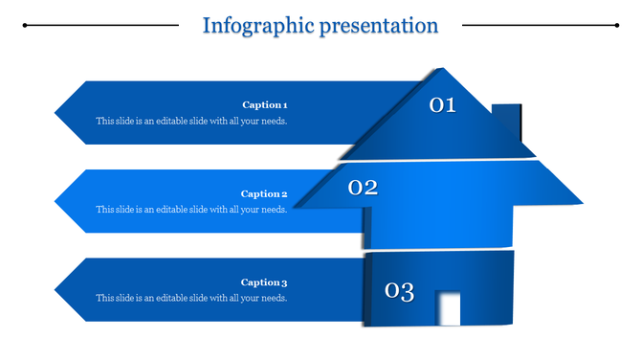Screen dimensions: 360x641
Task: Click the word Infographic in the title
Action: click(x=254, y=25)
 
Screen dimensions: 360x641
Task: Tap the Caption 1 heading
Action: click(x=264, y=104)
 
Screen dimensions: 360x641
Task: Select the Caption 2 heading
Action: click(x=264, y=193)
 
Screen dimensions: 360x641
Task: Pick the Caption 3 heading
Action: click(x=264, y=282)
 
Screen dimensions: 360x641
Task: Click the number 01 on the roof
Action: click(x=442, y=105)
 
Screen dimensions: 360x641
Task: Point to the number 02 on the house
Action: click(x=363, y=188)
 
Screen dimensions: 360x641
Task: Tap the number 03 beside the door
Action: click(x=399, y=291)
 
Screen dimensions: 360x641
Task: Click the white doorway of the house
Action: click(x=448, y=308)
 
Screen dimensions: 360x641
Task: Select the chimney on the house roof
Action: click(x=507, y=120)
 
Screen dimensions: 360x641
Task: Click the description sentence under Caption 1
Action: click(x=191, y=122)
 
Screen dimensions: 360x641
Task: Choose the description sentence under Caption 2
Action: click(x=191, y=210)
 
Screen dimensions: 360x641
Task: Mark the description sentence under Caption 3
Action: click(x=191, y=299)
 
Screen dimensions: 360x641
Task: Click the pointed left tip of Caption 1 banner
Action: click(x=56, y=113)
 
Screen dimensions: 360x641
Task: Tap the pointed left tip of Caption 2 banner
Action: click(x=56, y=201)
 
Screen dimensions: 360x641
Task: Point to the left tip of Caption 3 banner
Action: click(x=56, y=290)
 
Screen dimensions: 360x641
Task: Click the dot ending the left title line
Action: click(x=24, y=26)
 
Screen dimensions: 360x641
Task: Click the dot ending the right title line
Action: click(x=615, y=26)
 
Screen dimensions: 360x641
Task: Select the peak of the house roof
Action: click(x=441, y=69)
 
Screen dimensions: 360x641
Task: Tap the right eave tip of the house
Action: click(x=582, y=202)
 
